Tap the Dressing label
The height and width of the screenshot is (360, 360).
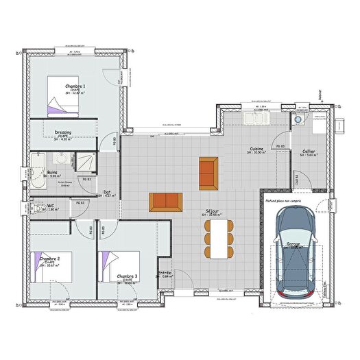pyautogui.click(x=62, y=132)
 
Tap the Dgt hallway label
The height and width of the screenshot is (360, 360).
pyautogui.click(x=107, y=193)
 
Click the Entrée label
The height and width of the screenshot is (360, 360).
pyautogui.click(x=165, y=273)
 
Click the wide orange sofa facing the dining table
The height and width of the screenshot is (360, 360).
pyautogui.click(x=165, y=202)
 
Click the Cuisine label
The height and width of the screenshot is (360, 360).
pyautogui.click(x=258, y=148)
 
